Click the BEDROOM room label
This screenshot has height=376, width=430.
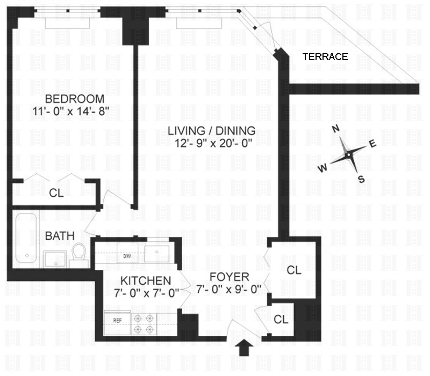[75, 99]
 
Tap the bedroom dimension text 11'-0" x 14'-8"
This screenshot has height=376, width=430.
[71, 112]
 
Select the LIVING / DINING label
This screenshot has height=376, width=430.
[211, 131]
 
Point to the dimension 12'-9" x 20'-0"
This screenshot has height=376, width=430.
[213, 143]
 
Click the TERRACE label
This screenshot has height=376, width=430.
[325, 57]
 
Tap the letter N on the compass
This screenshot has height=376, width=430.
[336, 129]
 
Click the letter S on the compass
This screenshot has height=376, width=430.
[361, 179]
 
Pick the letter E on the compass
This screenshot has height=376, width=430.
[372, 144]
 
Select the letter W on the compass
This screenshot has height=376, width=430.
[323, 168]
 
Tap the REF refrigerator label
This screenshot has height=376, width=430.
[117, 320]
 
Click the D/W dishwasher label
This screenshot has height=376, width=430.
[127, 256]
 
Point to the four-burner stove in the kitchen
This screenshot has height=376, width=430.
[144, 324]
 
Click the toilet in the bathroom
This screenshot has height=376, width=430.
[79, 254]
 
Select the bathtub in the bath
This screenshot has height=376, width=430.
[26, 238]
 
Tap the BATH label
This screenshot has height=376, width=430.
[60, 236]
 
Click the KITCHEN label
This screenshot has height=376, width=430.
[146, 281]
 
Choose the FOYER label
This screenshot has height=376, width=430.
[230, 277]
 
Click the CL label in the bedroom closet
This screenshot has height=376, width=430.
[56, 193]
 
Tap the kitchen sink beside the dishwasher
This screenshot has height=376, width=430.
[157, 254]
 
